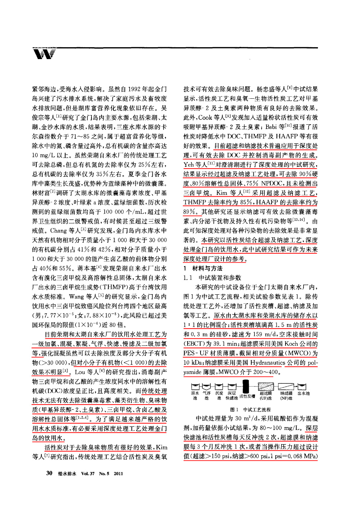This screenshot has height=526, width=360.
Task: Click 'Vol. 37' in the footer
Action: tap(88, 473)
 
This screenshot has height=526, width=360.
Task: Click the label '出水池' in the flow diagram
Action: tap(303, 393)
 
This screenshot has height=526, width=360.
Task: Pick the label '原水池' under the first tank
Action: tap(195, 396)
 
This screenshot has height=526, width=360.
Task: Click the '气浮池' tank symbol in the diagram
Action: tap(206, 387)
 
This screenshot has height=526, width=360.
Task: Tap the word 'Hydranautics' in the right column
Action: tap(268, 362)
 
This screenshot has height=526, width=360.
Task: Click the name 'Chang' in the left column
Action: tap(59, 231)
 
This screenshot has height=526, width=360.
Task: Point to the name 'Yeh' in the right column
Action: tap(189, 165)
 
